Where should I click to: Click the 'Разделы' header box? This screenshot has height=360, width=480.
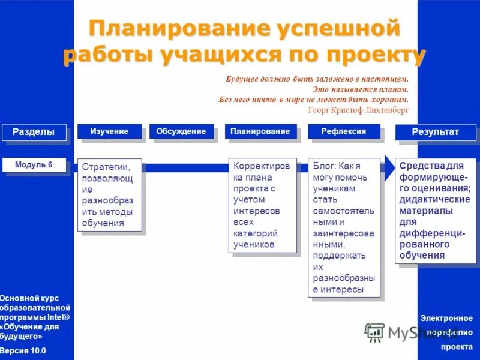(34, 132)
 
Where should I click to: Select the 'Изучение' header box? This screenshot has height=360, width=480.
(109, 131)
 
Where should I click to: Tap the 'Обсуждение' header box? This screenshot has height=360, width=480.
(181, 131)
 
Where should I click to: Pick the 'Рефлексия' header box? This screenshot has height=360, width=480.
(343, 131)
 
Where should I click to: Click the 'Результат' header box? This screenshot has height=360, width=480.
(436, 132)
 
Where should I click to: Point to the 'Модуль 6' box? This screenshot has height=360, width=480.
(34, 165)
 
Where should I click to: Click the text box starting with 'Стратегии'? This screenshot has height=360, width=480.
(109, 194)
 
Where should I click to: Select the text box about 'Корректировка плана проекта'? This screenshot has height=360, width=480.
(263, 205)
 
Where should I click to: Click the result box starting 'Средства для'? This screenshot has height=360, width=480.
(436, 210)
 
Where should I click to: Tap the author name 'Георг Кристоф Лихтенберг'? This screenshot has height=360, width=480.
(358, 110)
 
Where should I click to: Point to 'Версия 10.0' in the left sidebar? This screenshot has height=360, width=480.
(23, 350)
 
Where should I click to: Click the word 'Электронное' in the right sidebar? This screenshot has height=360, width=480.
(446, 319)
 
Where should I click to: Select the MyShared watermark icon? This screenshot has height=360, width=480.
(374, 332)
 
